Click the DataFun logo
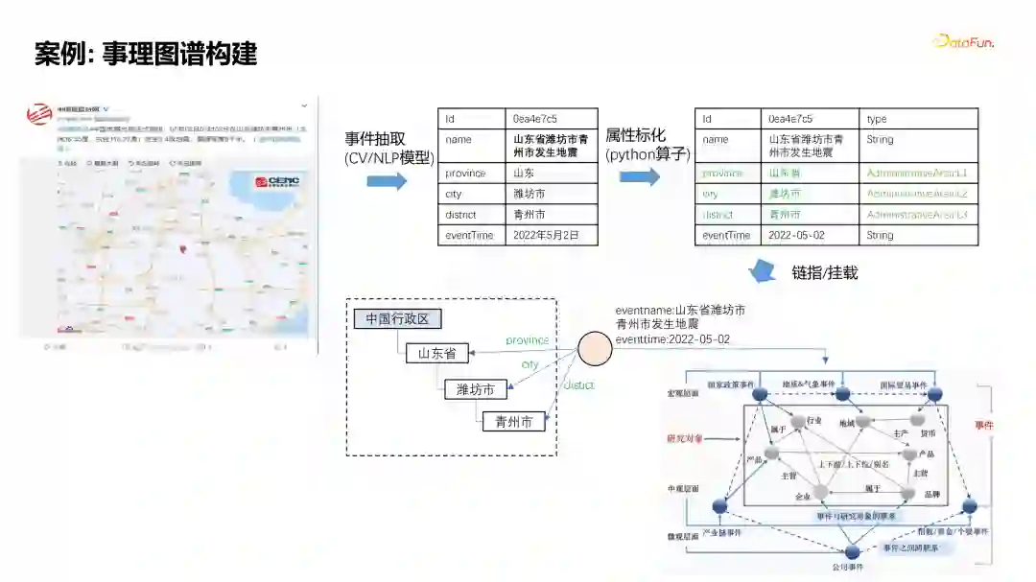pyautogui.click(x=962, y=41)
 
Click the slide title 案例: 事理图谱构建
pyautogui.click(x=146, y=53)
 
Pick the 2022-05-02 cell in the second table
pyautogui.click(x=811, y=235)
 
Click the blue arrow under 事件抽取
pyautogui.click(x=387, y=181)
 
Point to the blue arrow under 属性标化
pyautogui.click(x=639, y=176)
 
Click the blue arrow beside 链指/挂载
pyautogui.click(x=763, y=272)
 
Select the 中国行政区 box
pyautogui.click(x=397, y=319)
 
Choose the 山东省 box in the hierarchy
pyautogui.click(x=436, y=353)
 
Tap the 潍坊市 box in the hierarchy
pyautogui.click(x=475, y=388)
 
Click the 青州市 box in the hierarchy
pyautogui.click(x=513, y=421)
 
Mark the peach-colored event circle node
pyautogui.click(x=595, y=349)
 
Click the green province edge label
pyautogui.click(x=527, y=340)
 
